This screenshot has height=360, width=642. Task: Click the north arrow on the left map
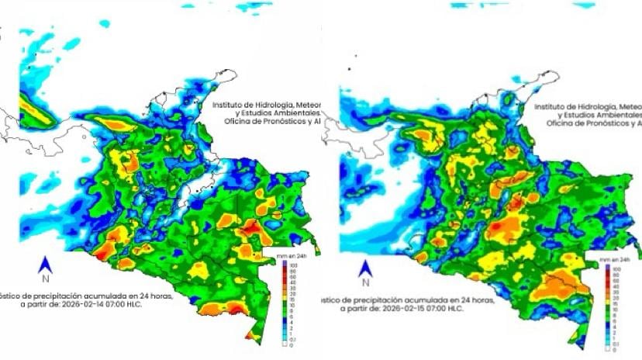pos(45,265)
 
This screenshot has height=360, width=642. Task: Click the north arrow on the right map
pos(364,268)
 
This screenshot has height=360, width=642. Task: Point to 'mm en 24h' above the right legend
pos(604,259)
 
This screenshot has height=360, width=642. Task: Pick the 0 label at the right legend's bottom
pos(612,348)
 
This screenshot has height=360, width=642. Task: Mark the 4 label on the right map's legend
pos(612,319)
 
